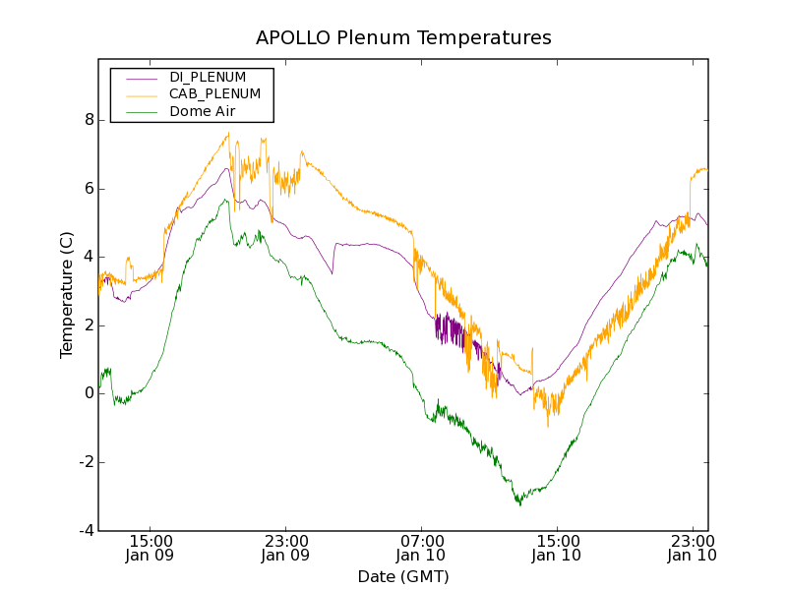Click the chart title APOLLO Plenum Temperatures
(x=403, y=38)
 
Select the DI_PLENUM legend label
(x=208, y=77)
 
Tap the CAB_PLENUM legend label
(x=214, y=94)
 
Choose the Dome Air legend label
(x=202, y=112)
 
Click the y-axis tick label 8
(x=89, y=120)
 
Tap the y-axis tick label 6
(x=89, y=189)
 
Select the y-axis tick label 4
(x=89, y=257)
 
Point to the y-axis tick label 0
(x=89, y=393)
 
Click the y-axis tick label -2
(x=86, y=462)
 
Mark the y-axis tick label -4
(x=86, y=531)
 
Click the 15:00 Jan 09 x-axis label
(x=151, y=548)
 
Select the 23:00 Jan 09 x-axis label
(x=285, y=548)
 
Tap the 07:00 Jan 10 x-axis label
(x=421, y=548)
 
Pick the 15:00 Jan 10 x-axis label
(x=556, y=548)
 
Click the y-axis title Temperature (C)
(x=67, y=295)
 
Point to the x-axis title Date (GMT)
(x=403, y=576)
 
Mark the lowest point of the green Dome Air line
(x=519, y=504)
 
